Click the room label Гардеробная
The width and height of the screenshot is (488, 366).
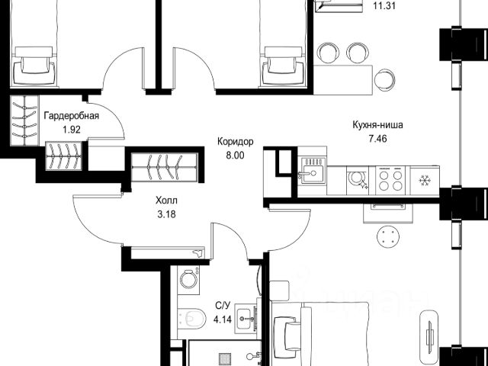click(x=71, y=117)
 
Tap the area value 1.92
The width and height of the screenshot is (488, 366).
click(x=72, y=130)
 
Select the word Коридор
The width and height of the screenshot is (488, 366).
click(x=236, y=142)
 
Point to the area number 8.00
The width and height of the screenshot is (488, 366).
click(x=236, y=156)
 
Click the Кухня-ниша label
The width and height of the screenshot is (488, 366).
click(x=378, y=125)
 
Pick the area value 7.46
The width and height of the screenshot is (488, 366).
click(x=378, y=139)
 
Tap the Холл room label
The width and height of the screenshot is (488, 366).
click(x=167, y=201)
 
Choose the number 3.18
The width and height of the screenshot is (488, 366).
click(x=167, y=214)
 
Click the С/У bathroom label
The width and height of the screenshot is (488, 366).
click(x=223, y=305)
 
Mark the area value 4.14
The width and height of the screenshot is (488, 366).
click(x=223, y=319)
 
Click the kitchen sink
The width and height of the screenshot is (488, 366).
click(x=313, y=172)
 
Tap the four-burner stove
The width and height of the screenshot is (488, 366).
click(x=390, y=181)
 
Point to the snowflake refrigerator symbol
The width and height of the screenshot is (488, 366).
click(x=424, y=181)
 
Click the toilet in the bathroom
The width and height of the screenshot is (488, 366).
click(x=192, y=318)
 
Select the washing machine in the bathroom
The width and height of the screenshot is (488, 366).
click(x=188, y=280)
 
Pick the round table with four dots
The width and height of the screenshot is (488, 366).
click(x=388, y=236)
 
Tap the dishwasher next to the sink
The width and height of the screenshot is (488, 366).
click(x=358, y=181)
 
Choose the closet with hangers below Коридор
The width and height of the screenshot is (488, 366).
click(x=165, y=168)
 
